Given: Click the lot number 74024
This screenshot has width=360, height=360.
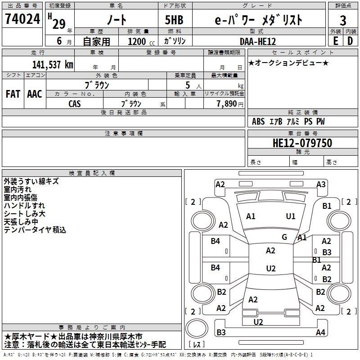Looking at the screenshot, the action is click(x=22, y=19).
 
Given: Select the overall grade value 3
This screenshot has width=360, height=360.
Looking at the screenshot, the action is click(x=343, y=21).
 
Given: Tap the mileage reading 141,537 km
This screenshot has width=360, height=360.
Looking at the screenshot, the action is click(x=53, y=65).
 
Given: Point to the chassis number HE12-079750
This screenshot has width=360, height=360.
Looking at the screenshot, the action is click(x=302, y=143).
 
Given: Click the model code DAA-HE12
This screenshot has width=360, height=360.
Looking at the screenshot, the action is click(x=258, y=41).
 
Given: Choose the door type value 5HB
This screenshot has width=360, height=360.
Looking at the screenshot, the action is click(x=174, y=20).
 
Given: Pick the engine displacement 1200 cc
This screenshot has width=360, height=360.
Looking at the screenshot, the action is click(x=141, y=41).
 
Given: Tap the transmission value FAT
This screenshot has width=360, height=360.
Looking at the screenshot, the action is click(x=13, y=94).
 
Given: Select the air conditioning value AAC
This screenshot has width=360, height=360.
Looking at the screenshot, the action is click(x=35, y=94).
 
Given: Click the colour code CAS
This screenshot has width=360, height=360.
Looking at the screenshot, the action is click(x=75, y=104).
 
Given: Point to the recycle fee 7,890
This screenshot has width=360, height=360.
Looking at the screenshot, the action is click(x=227, y=104).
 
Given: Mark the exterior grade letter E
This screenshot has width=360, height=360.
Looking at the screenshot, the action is click(x=336, y=41).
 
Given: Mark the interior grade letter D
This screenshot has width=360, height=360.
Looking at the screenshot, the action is click(x=350, y=41).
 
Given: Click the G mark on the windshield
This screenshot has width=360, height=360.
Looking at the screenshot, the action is click(x=284, y=237).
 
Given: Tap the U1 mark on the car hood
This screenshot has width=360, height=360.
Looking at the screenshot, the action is click(x=291, y=216).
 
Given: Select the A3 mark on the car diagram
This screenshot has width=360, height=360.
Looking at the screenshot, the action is click(x=321, y=184).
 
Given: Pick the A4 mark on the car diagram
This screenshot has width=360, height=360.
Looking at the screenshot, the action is click(x=320, y=332).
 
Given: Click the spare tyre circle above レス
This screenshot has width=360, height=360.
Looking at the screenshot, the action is click(x=197, y=328).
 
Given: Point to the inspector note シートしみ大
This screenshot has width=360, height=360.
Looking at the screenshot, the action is click(x=25, y=214).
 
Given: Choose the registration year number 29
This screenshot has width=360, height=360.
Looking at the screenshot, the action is click(x=59, y=24).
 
